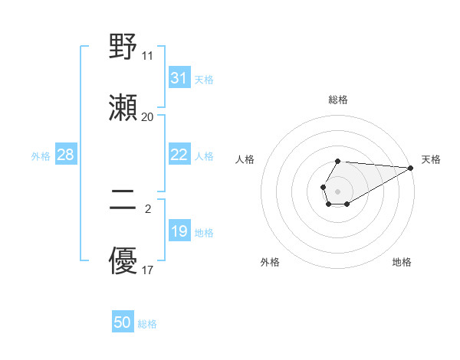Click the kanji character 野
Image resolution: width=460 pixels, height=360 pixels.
point(123,47)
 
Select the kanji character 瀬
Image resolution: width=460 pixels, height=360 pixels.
point(123,108)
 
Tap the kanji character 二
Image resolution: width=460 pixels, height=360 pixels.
point(123,201)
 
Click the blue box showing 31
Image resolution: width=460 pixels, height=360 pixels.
point(179,78)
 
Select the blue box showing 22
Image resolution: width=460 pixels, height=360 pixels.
point(179,155)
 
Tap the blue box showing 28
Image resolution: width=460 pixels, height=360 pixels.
point(65,155)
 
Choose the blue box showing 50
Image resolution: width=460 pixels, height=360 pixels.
point(123,322)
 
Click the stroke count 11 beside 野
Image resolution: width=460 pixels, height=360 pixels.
point(147,56)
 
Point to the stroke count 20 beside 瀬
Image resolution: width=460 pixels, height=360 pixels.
point(147,116)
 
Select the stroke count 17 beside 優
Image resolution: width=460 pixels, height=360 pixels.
point(147,270)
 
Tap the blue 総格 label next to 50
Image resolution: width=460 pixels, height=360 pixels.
point(147,324)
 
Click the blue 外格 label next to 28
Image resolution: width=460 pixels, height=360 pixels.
point(41,155)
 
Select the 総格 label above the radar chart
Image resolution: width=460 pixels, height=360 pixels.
point(338,100)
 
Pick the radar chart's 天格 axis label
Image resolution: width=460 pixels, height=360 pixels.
point(431,159)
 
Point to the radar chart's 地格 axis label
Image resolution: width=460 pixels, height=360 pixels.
point(402,262)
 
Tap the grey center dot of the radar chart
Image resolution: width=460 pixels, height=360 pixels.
point(337,190)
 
